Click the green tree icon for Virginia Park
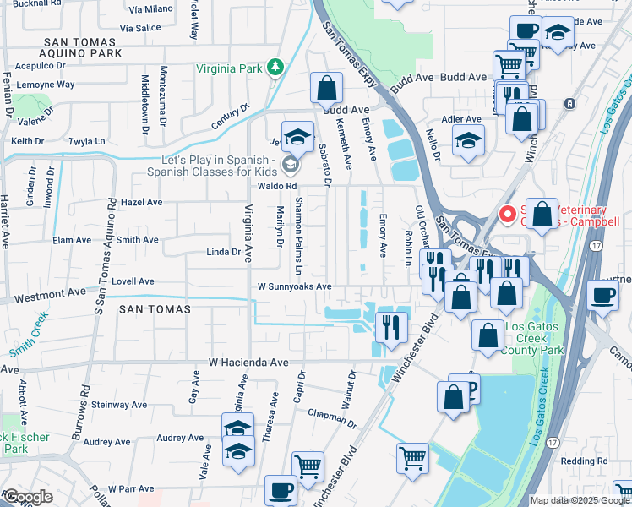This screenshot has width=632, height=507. pyautogui.click(x=275, y=67)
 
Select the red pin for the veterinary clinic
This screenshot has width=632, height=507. pyautogui.click(x=508, y=215)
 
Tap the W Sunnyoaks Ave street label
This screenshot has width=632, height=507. pyautogui.click(x=294, y=286)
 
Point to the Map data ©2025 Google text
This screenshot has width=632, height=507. pyautogui.click(x=579, y=500)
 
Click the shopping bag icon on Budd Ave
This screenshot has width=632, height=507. pyautogui.click(x=326, y=89)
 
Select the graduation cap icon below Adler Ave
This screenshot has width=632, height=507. pyautogui.click(x=467, y=144)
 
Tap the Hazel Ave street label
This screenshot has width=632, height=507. pyautogui.click(x=142, y=203)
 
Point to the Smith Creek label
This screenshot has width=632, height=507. pyautogui.click(x=30, y=333)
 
